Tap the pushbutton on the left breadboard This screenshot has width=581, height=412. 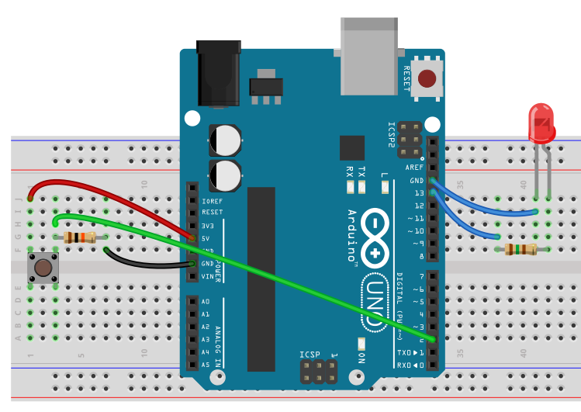[x=43, y=268]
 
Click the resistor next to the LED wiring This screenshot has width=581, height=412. [x=520, y=249]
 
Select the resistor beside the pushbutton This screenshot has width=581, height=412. [x=79, y=237]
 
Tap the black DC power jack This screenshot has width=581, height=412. [x=218, y=74]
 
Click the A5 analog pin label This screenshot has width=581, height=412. [x=206, y=364]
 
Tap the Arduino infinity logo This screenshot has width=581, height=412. [x=375, y=236]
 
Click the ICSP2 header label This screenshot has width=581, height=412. [x=392, y=134]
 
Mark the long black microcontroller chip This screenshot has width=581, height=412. [x=261, y=279]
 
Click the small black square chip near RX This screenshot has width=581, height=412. [x=351, y=147]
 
